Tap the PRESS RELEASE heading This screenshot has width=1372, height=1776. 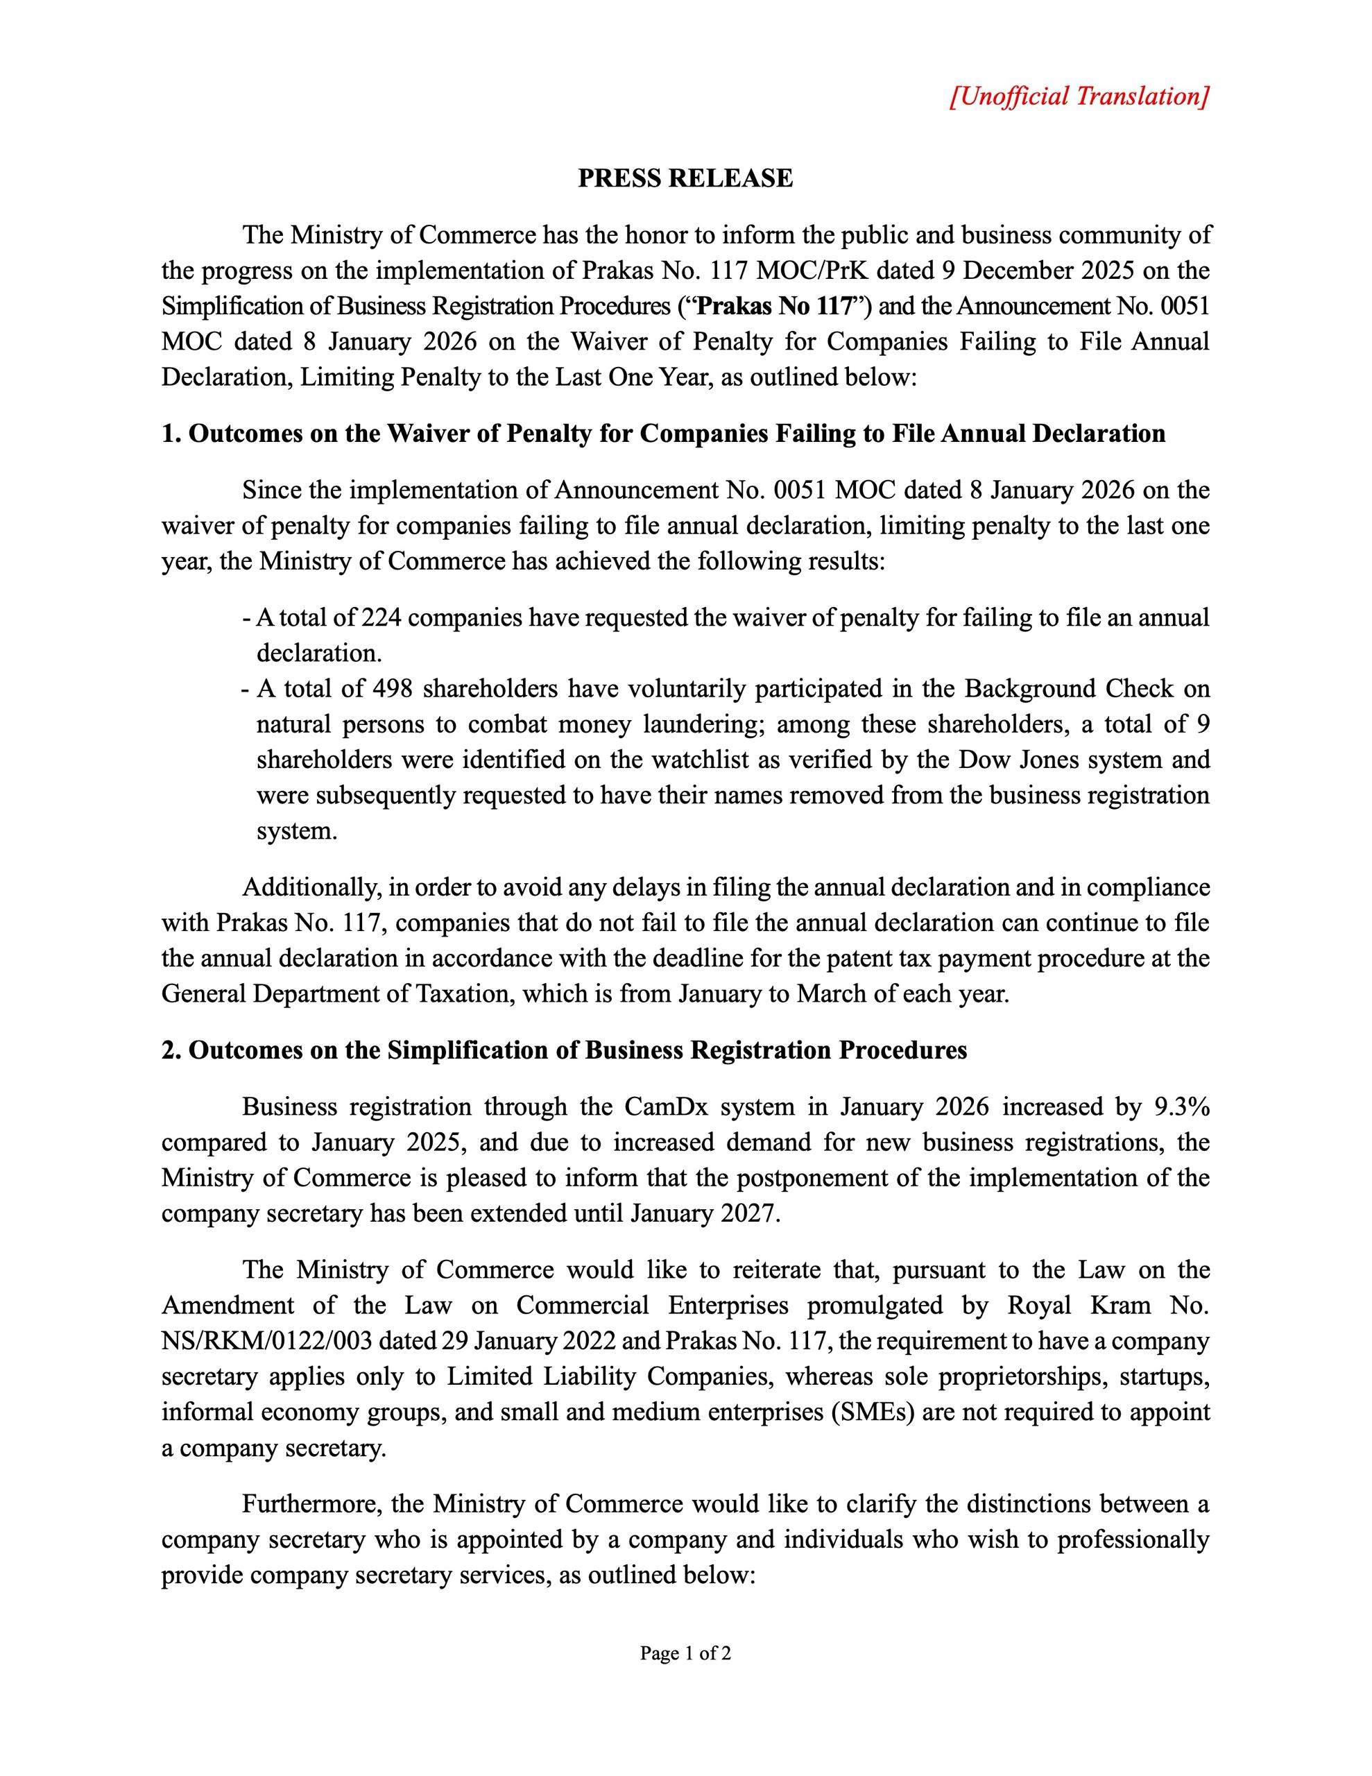click(x=685, y=178)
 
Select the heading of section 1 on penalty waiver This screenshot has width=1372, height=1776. click(x=663, y=434)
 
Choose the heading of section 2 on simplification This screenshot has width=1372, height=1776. click(x=565, y=1050)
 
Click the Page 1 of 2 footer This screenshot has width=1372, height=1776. click(x=685, y=1653)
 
